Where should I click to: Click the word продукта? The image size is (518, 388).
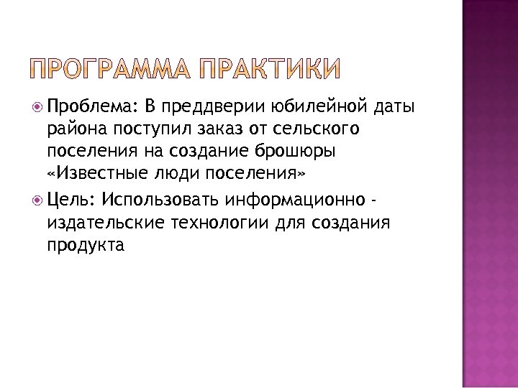point(86,245)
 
